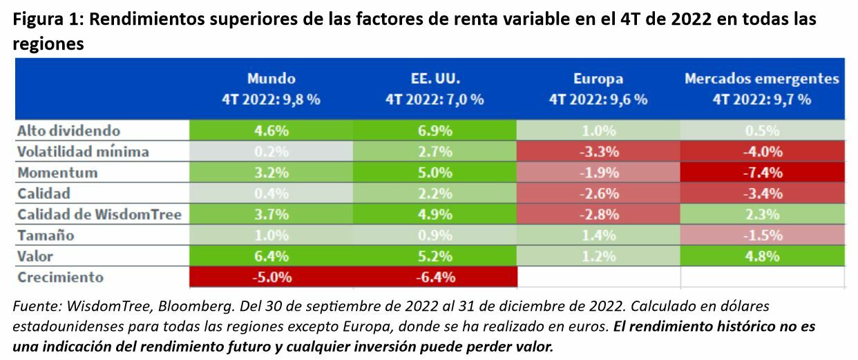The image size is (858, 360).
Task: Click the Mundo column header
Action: tap(271, 88)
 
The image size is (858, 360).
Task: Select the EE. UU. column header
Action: tap(434, 88)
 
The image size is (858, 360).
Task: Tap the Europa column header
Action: tap(598, 88)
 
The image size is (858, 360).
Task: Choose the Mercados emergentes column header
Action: tap(762, 88)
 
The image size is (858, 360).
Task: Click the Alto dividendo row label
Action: tap(68, 130)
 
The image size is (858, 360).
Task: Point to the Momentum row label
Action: tap(57, 172)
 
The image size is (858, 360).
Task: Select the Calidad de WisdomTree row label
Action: tap(99, 214)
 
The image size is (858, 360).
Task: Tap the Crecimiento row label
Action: tap(61, 277)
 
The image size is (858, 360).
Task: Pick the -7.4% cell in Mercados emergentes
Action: tap(762, 172)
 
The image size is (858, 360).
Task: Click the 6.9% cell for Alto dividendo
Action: tap(434, 130)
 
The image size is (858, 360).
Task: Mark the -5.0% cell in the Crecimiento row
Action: tap(271, 277)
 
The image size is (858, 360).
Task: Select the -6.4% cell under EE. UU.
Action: tap(434, 277)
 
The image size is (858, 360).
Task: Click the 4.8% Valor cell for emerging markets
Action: tap(762, 256)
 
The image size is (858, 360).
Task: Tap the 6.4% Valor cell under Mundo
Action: tap(271, 256)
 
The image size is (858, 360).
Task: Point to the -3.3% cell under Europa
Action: tap(598, 151)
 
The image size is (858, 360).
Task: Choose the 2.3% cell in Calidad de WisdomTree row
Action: tap(762, 214)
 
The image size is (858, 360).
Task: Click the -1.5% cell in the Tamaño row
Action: tap(762, 235)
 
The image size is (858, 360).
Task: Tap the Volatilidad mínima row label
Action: tap(82, 151)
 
